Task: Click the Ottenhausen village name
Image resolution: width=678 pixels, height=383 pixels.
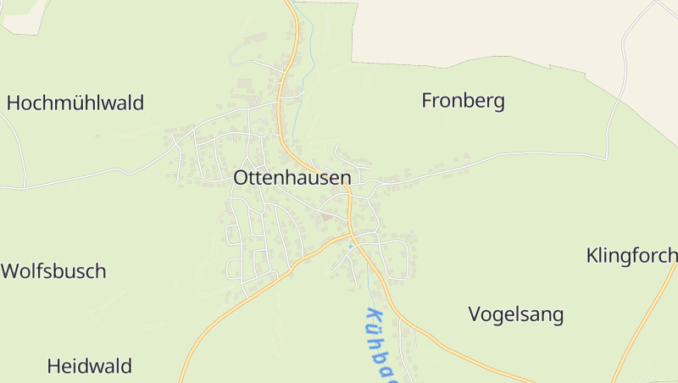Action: [292, 178]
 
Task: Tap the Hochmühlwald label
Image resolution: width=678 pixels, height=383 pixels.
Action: [75, 103]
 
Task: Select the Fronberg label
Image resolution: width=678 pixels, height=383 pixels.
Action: [463, 102]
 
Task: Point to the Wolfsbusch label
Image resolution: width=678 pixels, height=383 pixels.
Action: [54, 272]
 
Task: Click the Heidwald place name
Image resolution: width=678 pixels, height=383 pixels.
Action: [90, 367]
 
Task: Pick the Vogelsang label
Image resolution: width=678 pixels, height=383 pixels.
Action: [515, 315]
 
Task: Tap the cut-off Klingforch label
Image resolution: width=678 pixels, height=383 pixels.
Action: [631, 255]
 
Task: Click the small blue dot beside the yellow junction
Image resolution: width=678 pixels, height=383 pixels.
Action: [350, 246]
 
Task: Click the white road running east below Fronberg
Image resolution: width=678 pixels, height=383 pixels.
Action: [525, 154]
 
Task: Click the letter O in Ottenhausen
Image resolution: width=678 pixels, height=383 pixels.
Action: [242, 178]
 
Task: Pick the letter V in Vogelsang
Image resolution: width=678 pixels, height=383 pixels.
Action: [475, 315]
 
